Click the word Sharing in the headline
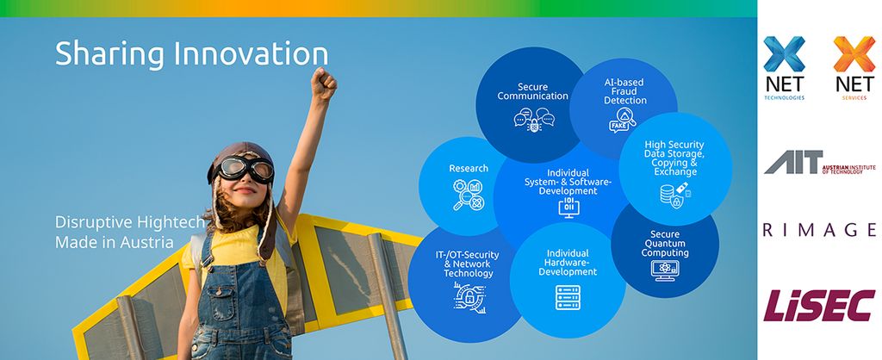(109, 54)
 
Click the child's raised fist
(324, 84)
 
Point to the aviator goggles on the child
(242, 170)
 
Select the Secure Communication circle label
(532, 91)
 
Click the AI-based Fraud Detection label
(624, 91)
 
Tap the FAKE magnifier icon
(622, 120)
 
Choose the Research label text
(469, 168)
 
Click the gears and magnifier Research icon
(469, 195)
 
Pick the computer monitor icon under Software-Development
(568, 207)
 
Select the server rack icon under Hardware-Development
(568, 297)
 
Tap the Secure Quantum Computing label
(665, 244)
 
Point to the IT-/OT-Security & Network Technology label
(468, 264)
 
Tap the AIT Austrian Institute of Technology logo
(820, 163)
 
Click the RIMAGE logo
(820, 229)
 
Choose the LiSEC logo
(819, 305)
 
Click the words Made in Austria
(115, 242)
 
